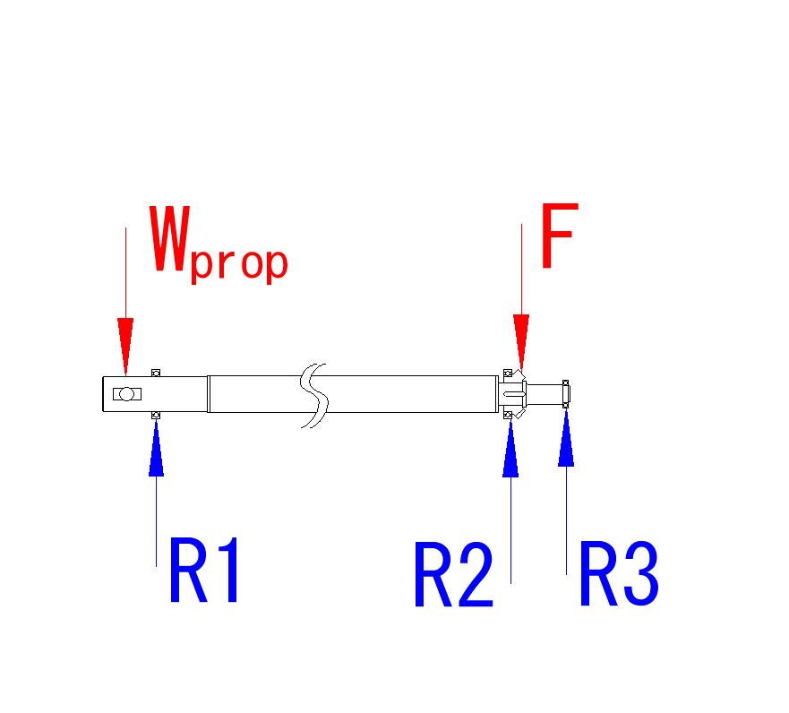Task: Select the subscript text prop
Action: [x=238, y=263]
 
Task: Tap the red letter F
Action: [x=558, y=236]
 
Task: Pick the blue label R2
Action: [x=452, y=576]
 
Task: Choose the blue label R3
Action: [x=618, y=574]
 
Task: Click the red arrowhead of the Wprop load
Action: [x=125, y=345]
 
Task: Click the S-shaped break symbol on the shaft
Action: [x=314, y=395]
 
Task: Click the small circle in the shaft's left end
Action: [x=127, y=394]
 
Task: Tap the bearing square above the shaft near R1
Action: [x=156, y=372]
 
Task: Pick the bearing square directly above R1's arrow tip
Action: [x=156, y=415]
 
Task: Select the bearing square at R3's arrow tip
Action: [x=566, y=406]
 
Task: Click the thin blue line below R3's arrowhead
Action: [x=566, y=520]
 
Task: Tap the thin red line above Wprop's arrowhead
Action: [x=125, y=269]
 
